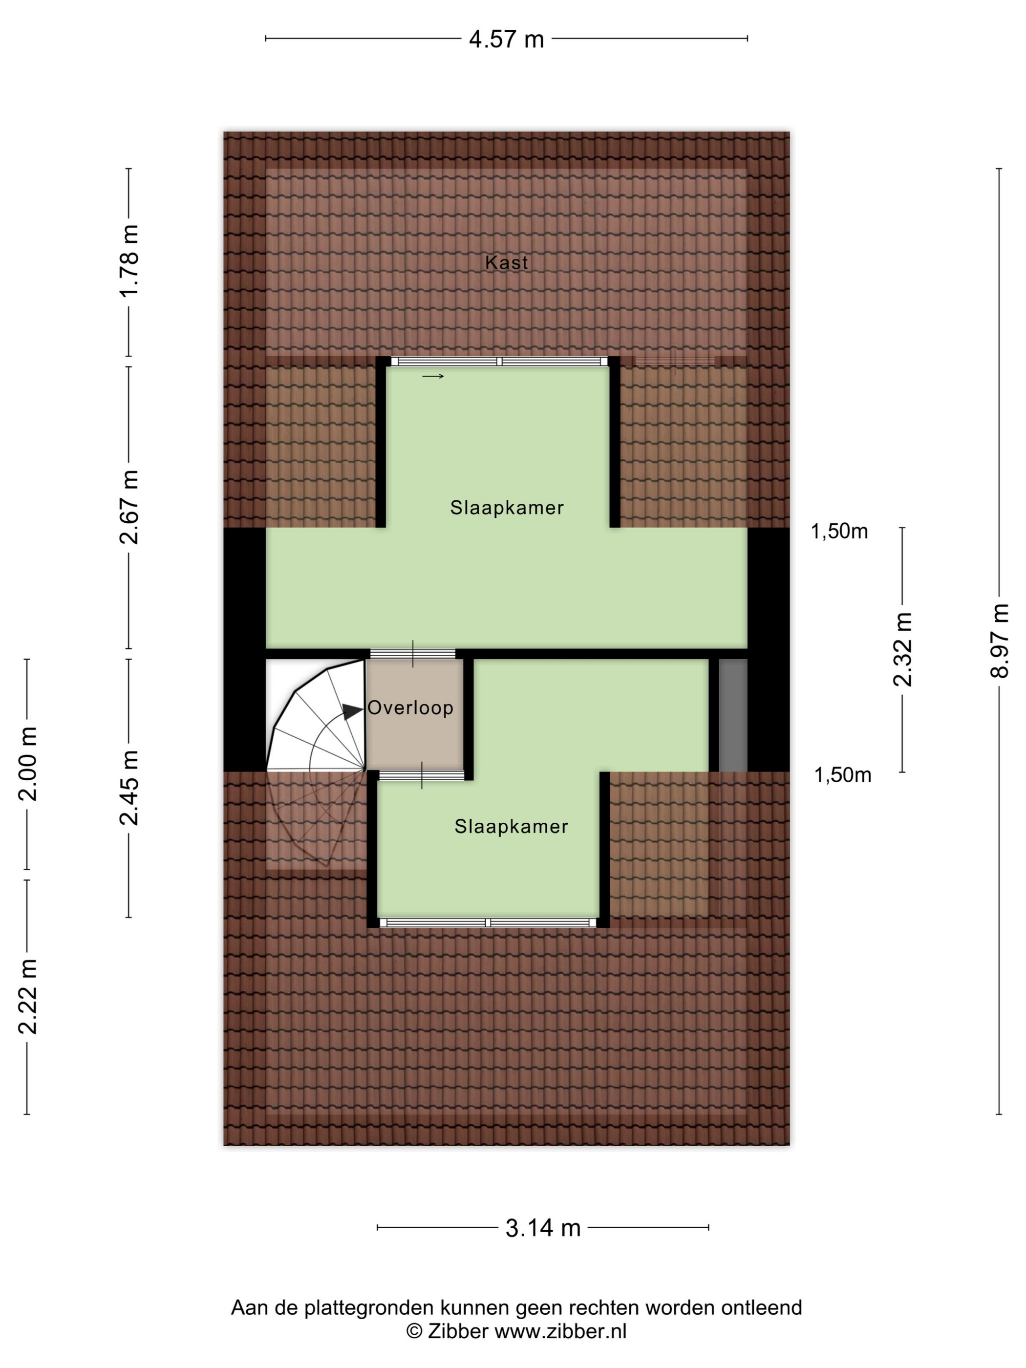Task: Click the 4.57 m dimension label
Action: (506, 40)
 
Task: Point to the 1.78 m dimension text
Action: (129, 261)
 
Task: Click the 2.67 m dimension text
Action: (129, 507)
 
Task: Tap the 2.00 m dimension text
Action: (28, 764)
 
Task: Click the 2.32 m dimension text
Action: (902, 649)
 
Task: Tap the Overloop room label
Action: (411, 707)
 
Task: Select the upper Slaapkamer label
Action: (507, 508)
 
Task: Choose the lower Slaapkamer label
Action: (512, 826)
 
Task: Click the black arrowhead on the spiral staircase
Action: (353, 712)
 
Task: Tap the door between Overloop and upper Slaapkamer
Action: (412, 654)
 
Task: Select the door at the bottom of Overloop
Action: (422, 775)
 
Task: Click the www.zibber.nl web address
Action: (560, 1330)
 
